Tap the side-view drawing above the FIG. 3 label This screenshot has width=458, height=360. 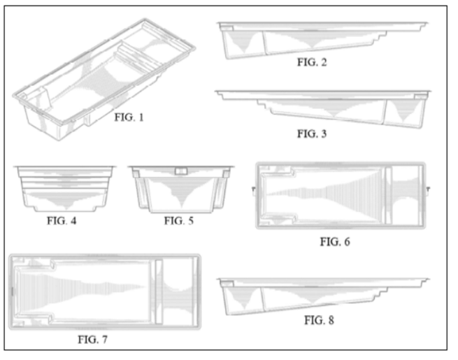pos(322,106)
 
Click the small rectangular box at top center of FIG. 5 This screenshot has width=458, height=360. pos(180,170)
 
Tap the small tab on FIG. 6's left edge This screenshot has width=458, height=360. pos(252,189)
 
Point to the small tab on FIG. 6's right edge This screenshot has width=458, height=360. pos(428,189)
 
